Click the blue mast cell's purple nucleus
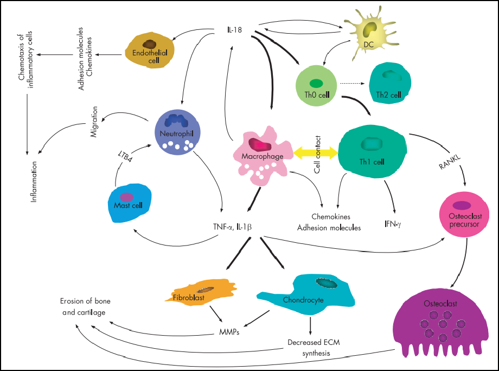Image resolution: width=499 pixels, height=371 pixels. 127,197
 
